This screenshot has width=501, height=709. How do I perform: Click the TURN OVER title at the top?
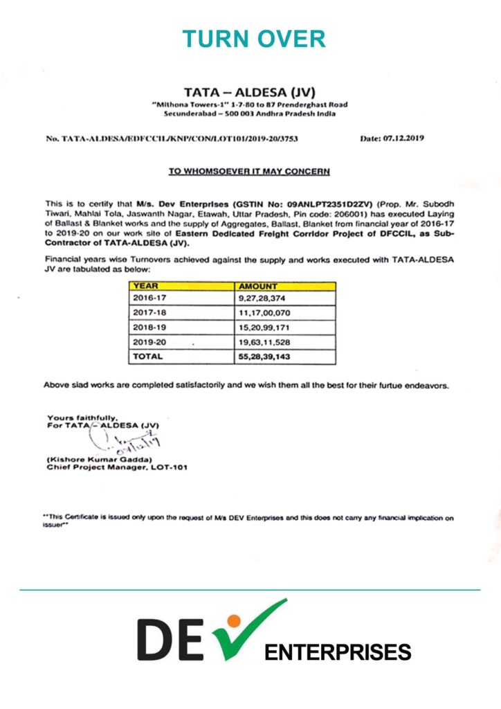coord(254,39)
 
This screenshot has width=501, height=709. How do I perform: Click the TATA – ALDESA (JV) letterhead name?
coord(250,92)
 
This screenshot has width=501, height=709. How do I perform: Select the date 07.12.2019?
coord(392,138)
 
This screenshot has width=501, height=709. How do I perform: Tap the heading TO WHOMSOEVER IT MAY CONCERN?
coord(250,171)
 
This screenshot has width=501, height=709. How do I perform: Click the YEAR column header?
coord(146,285)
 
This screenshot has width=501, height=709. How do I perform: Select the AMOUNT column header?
coord(258,285)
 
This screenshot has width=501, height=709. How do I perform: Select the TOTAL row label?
coord(148,357)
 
